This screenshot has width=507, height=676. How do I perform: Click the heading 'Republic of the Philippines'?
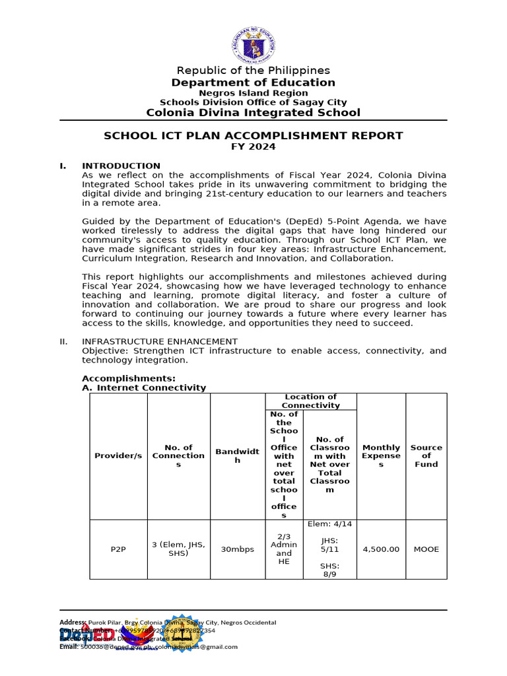tap(253, 71)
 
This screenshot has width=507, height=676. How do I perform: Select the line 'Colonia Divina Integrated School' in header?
tap(253, 112)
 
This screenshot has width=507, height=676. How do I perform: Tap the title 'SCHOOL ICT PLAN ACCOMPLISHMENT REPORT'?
tap(253, 135)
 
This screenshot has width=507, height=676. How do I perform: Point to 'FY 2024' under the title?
tap(253, 147)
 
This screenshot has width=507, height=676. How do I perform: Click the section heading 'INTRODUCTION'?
tap(121, 166)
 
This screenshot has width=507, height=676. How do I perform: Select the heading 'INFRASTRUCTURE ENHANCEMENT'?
tap(159, 341)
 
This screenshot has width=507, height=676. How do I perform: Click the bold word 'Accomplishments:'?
tap(129, 378)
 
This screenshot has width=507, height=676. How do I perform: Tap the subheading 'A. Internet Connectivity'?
tap(144, 388)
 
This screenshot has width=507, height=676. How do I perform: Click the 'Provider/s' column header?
tap(118, 456)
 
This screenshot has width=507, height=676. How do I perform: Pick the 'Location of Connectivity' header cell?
tap(310, 401)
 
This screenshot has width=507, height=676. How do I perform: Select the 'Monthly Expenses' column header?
tap(381, 456)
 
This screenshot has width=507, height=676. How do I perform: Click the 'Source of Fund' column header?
tap(426, 456)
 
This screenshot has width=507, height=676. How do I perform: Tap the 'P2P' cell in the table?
tap(118, 549)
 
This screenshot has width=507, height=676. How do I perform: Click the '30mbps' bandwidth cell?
tap(237, 549)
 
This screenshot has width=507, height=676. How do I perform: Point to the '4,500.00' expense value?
tap(381, 549)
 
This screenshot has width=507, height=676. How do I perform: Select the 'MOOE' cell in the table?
tap(426, 549)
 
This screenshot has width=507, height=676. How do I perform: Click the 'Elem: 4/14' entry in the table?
tap(329, 524)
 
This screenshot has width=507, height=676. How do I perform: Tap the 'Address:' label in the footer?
tap(73, 623)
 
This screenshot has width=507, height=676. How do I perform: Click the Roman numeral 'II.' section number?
tap(64, 341)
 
